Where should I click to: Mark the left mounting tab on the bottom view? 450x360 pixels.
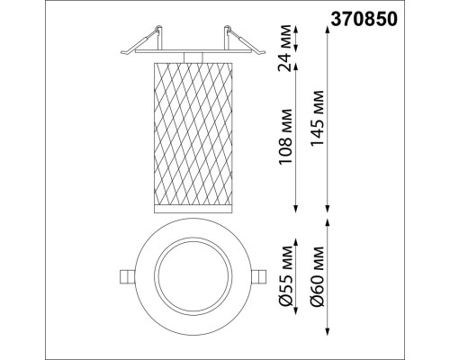(125, 275)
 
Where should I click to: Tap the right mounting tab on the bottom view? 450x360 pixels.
(259, 274)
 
